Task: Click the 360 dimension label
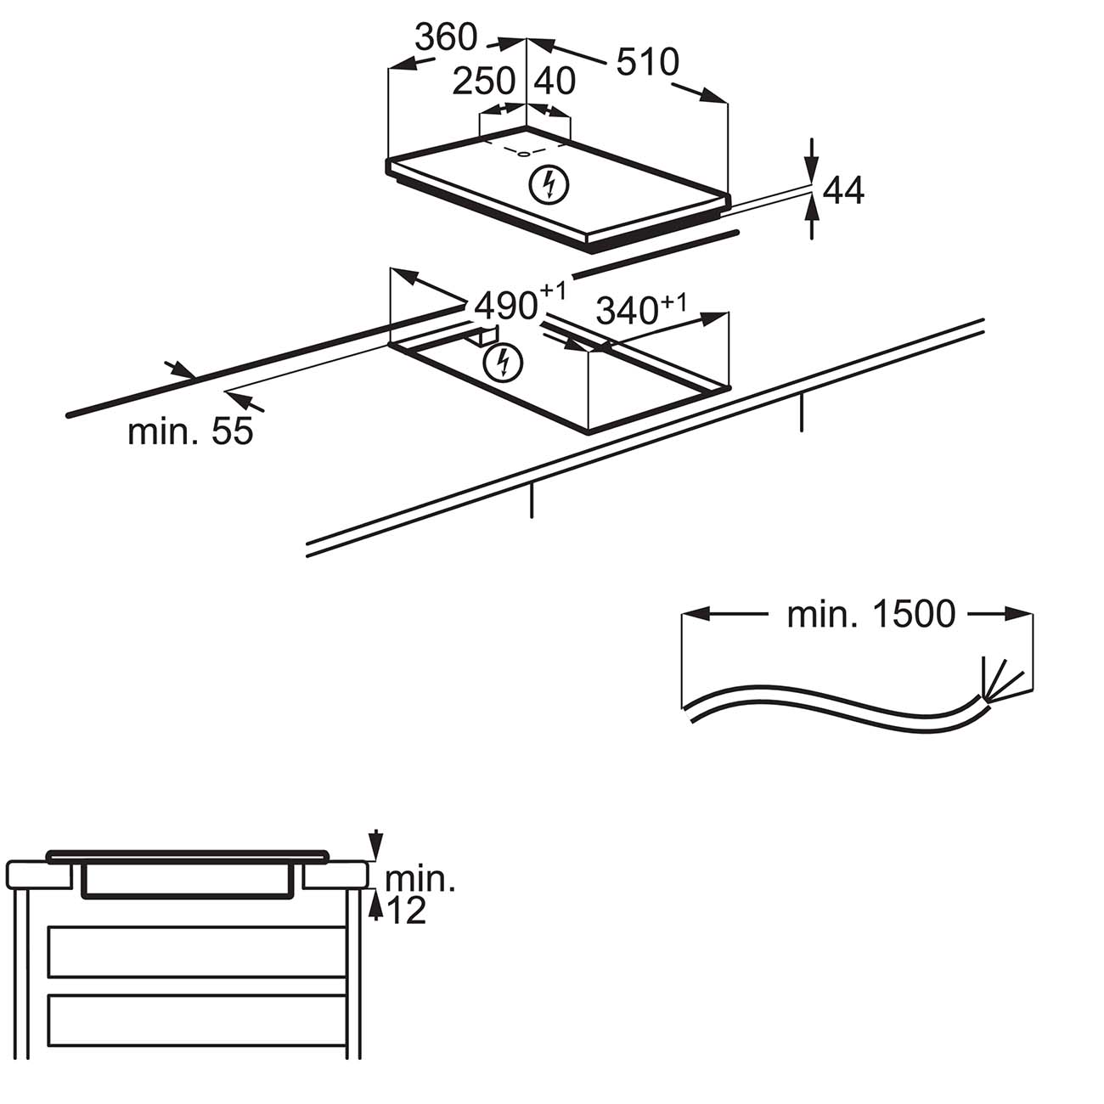(447, 37)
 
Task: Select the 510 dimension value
(648, 62)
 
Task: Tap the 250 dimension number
(484, 82)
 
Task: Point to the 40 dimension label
(555, 82)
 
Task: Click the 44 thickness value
(843, 192)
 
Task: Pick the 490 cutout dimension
(507, 305)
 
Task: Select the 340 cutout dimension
(628, 311)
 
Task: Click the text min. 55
(190, 431)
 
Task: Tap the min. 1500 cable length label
(871, 614)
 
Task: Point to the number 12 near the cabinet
(406, 911)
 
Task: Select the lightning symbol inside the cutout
(503, 363)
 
